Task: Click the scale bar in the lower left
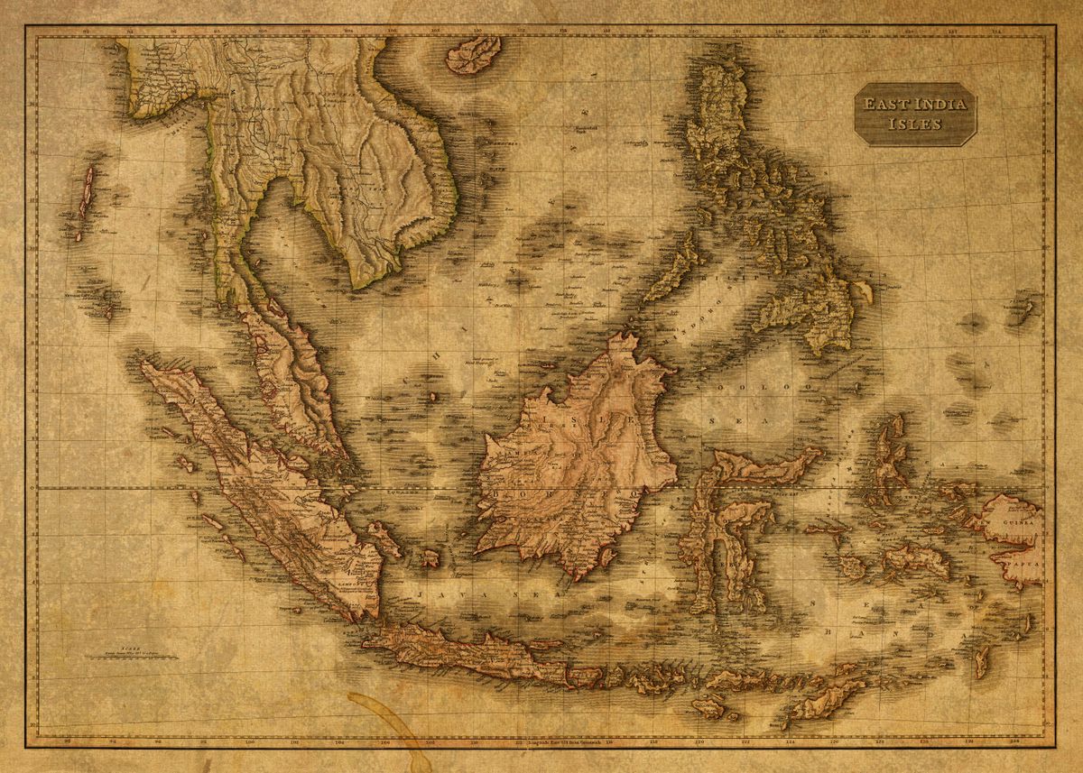(132, 655)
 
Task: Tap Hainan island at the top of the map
(473, 53)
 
